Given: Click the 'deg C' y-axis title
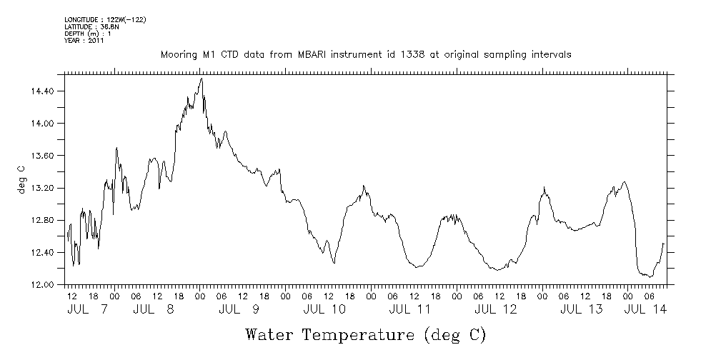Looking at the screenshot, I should click(21, 179).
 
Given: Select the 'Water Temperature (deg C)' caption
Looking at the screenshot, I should click(366, 334).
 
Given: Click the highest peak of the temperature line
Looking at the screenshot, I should click(202, 79).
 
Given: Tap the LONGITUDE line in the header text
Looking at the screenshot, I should click(105, 19).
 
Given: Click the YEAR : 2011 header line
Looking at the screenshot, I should click(84, 41).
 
